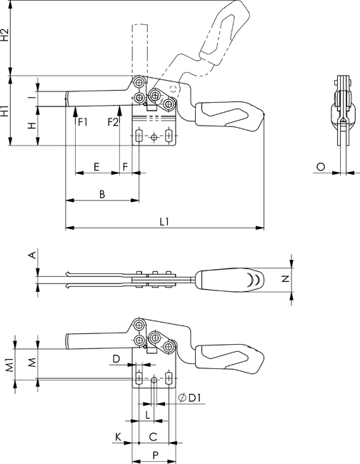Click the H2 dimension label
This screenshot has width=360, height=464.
click(x=5, y=35)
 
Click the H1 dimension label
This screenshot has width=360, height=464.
click(x=5, y=110)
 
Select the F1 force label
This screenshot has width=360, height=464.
click(x=83, y=121)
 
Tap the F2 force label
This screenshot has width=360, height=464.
click(x=113, y=121)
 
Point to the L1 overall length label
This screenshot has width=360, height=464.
click(x=164, y=221)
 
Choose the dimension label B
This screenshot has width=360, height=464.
click(x=102, y=194)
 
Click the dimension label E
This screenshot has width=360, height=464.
click(x=96, y=167)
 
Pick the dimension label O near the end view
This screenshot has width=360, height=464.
click(x=320, y=167)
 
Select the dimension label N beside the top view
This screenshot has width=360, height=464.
click(x=285, y=278)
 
